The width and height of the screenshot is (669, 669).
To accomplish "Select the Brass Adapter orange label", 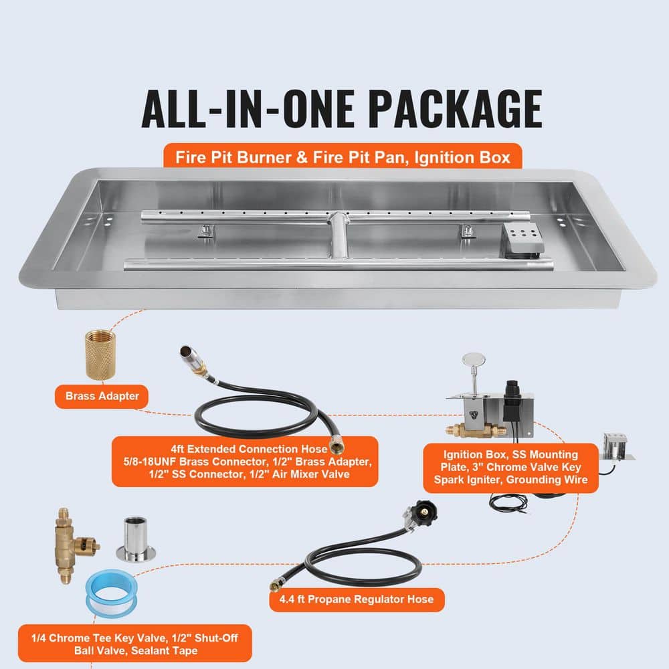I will point(102,395).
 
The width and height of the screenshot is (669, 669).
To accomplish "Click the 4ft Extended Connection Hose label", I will point(244,462).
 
